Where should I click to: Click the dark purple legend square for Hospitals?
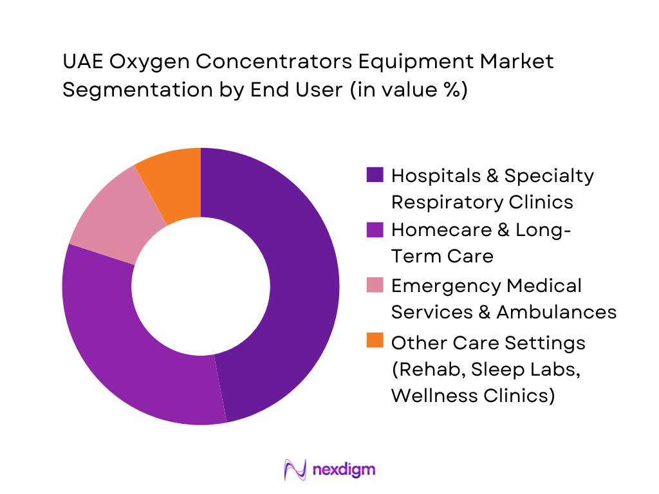click(x=375, y=175)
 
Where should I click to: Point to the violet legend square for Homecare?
click(x=375, y=230)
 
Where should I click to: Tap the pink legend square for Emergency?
click(x=375, y=284)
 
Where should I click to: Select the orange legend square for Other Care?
click(x=375, y=340)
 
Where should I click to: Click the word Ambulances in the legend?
click(x=556, y=312)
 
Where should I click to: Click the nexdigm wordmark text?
click(x=343, y=469)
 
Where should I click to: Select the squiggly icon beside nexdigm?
click(x=295, y=470)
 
